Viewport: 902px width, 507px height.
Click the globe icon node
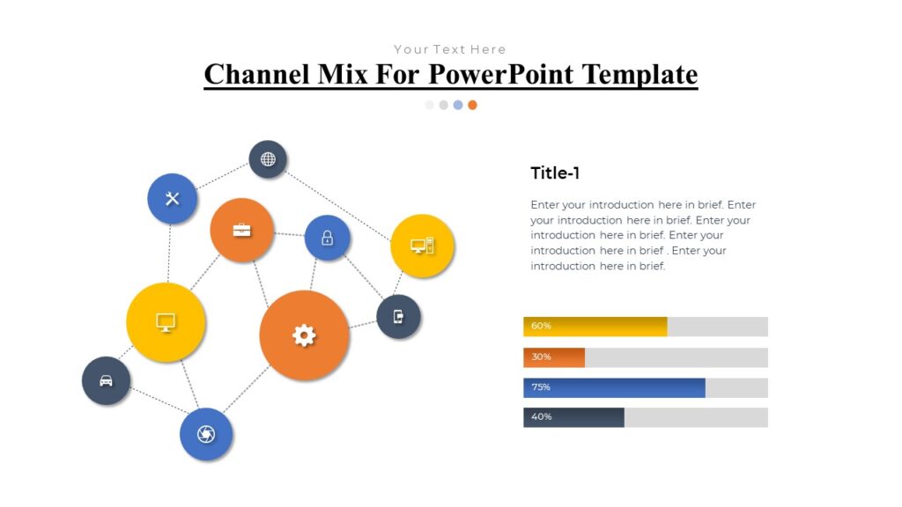point(268,159)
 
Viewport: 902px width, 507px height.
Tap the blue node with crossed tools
point(172,198)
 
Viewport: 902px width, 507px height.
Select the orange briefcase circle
point(241,230)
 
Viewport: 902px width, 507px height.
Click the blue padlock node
point(327,238)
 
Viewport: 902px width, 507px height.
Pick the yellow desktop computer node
point(422,246)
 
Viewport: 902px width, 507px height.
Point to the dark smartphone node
point(398,317)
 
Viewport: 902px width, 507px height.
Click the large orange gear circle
point(304,335)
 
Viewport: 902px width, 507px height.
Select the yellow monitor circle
point(166,322)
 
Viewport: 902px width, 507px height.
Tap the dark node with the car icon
point(106,381)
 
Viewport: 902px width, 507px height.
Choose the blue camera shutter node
point(206,434)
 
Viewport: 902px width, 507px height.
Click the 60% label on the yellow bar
point(541,326)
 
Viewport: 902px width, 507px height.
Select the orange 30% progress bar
point(554,357)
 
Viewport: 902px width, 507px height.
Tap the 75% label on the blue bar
point(541,387)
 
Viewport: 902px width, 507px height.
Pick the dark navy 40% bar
point(573,417)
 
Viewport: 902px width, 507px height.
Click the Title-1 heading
point(555,173)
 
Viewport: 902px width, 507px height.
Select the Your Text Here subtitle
point(449,49)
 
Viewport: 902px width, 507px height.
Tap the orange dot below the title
point(472,105)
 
